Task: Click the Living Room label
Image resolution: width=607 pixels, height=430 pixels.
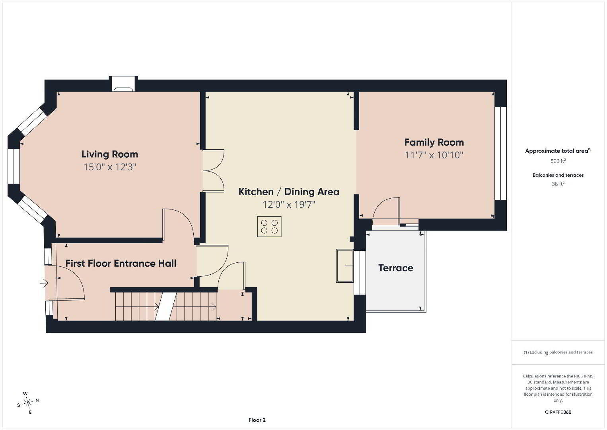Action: pyautogui.click(x=110, y=154)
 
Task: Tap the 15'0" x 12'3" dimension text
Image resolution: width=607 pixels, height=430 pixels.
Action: pyautogui.click(x=110, y=166)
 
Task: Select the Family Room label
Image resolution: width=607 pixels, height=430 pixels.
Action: pyautogui.click(x=434, y=142)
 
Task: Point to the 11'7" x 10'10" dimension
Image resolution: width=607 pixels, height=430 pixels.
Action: pyautogui.click(x=434, y=155)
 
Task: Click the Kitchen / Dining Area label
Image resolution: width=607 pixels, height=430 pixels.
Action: pyautogui.click(x=289, y=192)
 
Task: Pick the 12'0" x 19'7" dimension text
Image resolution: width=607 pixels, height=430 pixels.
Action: pyautogui.click(x=289, y=204)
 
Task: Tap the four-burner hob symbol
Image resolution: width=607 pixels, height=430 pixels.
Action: pyautogui.click(x=269, y=227)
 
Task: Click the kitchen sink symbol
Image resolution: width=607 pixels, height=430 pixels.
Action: pyautogui.click(x=345, y=266)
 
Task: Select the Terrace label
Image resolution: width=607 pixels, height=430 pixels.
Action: pyautogui.click(x=396, y=268)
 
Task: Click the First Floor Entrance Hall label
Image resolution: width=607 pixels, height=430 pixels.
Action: pyautogui.click(x=121, y=263)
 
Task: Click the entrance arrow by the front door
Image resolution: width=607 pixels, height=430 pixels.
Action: pyautogui.click(x=44, y=283)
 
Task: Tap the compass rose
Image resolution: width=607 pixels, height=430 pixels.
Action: pyautogui.click(x=27, y=403)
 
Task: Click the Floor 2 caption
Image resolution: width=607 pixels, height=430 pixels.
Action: pyautogui.click(x=257, y=420)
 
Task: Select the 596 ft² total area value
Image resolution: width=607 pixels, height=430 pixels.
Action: pyautogui.click(x=558, y=161)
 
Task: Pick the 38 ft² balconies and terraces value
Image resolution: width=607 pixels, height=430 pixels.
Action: pyautogui.click(x=558, y=184)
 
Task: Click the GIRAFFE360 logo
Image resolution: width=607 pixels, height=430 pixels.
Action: pyautogui.click(x=558, y=412)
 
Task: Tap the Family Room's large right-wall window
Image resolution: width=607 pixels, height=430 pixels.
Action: pyautogui.click(x=500, y=153)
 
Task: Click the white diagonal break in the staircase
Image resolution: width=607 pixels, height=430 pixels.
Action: pyautogui.click(x=166, y=307)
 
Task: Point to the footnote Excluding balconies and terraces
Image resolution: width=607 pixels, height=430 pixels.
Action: pyautogui.click(x=558, y=352)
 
